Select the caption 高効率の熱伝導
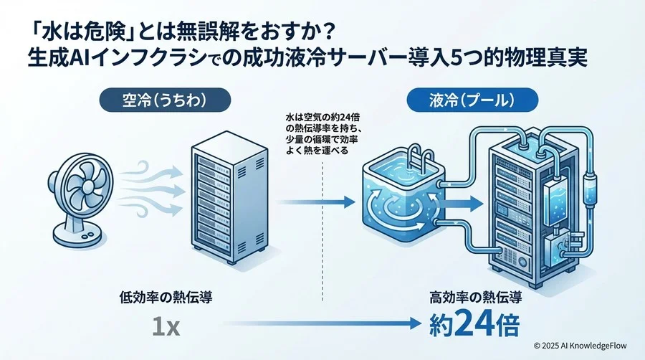[474, 295]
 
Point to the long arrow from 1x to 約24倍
[301, 327]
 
